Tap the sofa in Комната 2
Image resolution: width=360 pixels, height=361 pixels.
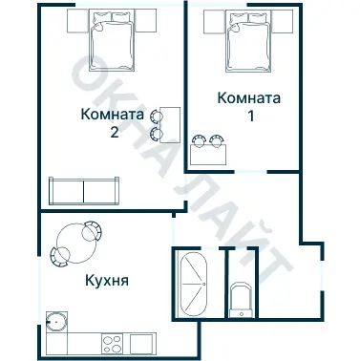tap(84, 189)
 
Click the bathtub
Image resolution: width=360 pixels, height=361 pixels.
tap(192, 284)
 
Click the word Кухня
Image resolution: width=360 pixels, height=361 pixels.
tap(107, 283)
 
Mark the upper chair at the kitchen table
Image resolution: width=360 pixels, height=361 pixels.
tap(92, 229)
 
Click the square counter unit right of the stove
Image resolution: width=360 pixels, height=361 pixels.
tap(143, 340)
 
